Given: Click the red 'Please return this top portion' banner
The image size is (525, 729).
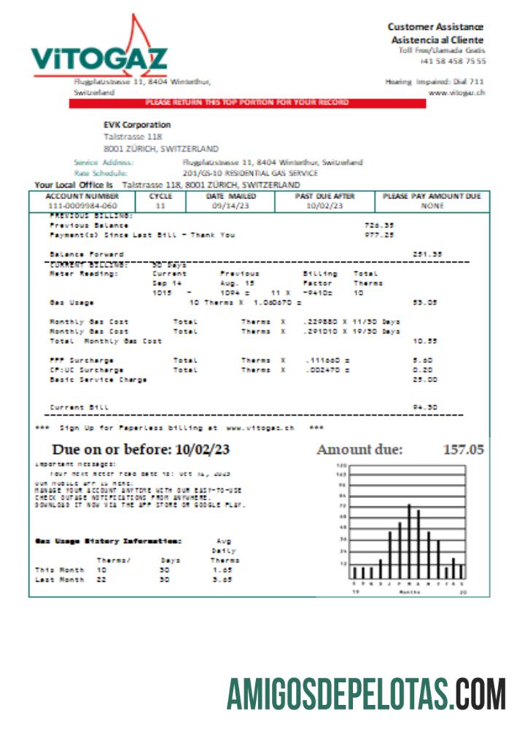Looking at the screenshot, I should click(x=247, y=103).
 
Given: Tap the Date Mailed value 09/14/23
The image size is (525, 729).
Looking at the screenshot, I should click(x=230, y=206).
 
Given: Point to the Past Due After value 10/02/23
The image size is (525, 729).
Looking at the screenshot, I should click(x=324, y=206).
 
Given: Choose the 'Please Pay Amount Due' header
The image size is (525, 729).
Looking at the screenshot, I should click(x=432, y=197).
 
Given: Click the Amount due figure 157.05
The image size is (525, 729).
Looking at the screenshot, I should click(x=463, y=450).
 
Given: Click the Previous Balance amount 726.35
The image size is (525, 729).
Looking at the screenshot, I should click(x=379, y=225).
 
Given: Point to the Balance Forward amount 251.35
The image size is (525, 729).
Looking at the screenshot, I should click(x=427, y=254).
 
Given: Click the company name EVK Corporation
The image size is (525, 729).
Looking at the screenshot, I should click(x=137, y=125).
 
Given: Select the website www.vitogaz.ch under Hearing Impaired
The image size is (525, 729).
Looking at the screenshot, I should click(x=457, y=93).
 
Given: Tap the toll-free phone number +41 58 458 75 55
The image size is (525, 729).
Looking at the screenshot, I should click(x=453, y=61).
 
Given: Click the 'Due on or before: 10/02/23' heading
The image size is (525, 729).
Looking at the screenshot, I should click(x=141, y=449).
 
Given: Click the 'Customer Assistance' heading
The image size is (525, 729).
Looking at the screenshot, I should click(x=435, y=27).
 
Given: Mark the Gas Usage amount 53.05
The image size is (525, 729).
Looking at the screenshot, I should click(x=427, y=302).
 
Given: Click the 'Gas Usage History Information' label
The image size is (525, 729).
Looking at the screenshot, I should click(x=108, y=541).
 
